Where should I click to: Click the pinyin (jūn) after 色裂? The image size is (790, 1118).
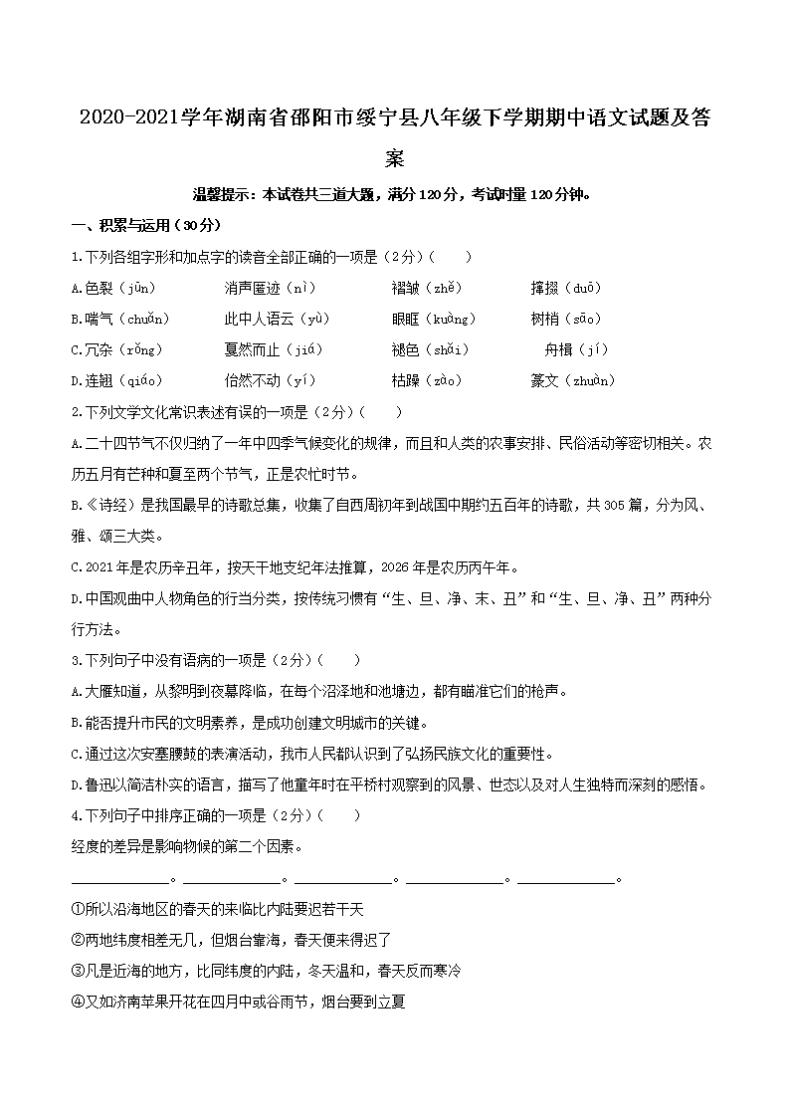(137, 288)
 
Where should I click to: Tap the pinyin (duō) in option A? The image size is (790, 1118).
(580, 288)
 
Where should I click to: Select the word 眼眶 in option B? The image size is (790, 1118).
(407, 319)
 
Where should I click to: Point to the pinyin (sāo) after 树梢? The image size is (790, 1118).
(580, 319)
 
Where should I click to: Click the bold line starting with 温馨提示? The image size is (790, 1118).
(395, 194)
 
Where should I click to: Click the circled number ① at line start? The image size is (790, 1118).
(78, 908)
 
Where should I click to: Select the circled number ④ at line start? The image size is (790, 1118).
(78, 1001)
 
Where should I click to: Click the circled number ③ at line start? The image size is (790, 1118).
(78, 970)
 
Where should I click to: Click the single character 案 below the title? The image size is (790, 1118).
(395, 158)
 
